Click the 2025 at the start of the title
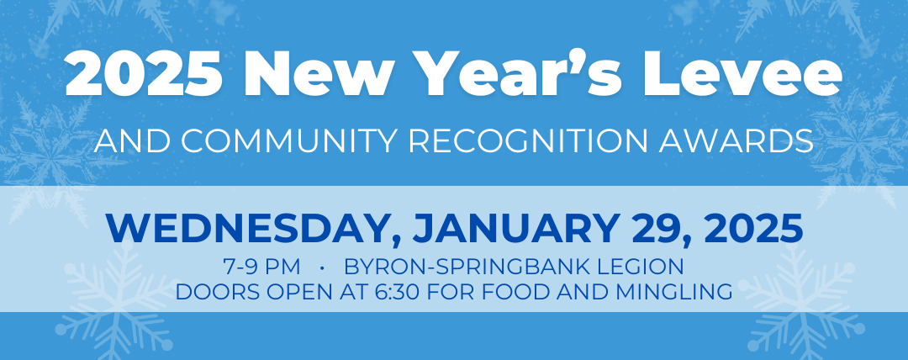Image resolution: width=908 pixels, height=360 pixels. click(144, 74)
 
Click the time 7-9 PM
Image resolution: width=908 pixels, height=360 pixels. click(261, 267)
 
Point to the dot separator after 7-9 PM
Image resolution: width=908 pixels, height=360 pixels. click(321, 267)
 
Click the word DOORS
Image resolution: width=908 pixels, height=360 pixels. click(212, 292)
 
